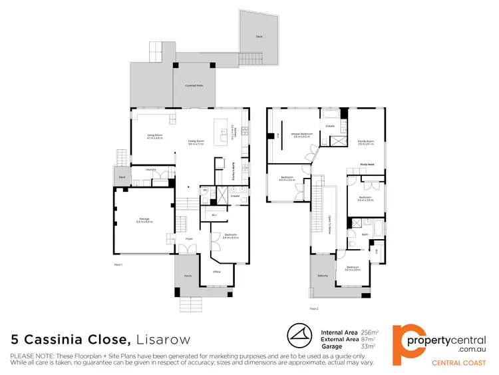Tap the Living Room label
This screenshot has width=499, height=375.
[155, 137]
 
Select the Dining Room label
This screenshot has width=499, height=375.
[196, 141]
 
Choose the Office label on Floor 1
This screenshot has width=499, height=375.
[216, 272]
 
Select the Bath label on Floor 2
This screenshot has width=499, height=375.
[365, 234]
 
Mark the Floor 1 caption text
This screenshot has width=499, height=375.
[119, 264]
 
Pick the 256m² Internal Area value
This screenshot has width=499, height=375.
[369, 332]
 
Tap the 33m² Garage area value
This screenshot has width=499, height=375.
[367, 346]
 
